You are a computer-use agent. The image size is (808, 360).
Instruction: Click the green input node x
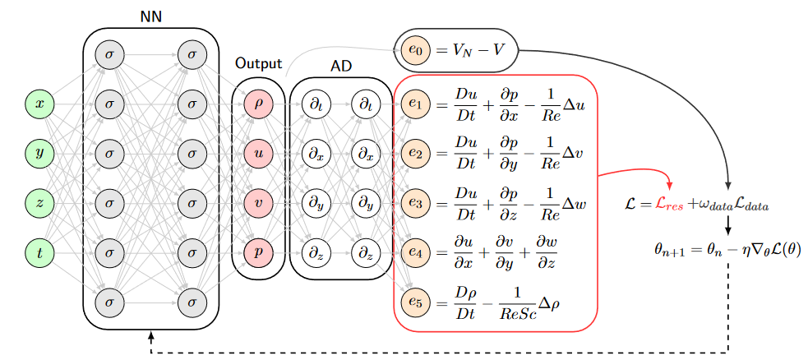pyautogui.click(x=39, y=104)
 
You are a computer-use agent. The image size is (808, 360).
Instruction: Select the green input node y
pyautogui.click(x=39, y=153)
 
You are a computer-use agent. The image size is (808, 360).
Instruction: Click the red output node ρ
pyautogui.click(x=258, y=104)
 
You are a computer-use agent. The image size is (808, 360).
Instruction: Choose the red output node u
pyautogui.click(x=258, y=153)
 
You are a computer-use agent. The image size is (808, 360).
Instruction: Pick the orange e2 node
pyautogui.click(x=414, y=153)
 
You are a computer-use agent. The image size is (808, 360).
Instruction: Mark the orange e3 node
pyautogui.click(x=414, y=202)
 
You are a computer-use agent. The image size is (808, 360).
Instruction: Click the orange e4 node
pyautogui.click(x=414, y=252)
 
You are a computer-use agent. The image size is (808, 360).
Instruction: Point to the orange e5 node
pyautogui.click(x=414, y=302)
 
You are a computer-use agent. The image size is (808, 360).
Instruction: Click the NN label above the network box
pyautogui.click(x=151, y=16)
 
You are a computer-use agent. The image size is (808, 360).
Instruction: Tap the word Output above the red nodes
pyautogui.click(x=258, y=63)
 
